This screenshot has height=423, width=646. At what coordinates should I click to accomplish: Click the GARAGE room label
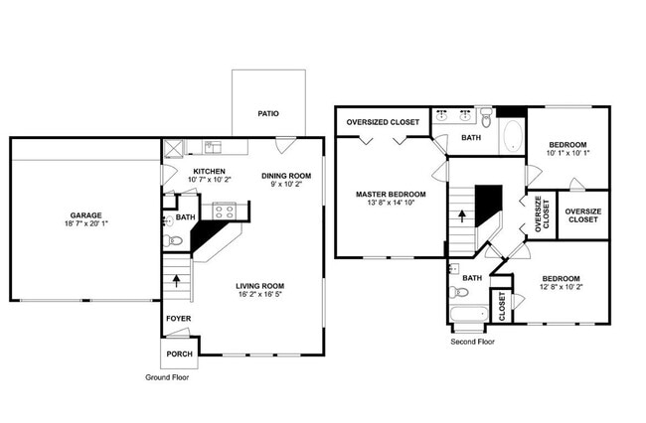tap(84, 215)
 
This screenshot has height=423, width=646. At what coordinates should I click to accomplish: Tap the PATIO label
tap(267, 114)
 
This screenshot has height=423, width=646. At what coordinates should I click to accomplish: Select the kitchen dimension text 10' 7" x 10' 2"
tap(211, 180)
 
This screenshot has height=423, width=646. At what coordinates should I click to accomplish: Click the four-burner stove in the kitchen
tap(224, 211)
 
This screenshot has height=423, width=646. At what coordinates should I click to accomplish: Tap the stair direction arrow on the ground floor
tap(177, 280)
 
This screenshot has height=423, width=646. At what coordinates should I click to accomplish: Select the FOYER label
tap(178, 318)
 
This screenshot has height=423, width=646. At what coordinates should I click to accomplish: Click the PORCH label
tap(179, 353)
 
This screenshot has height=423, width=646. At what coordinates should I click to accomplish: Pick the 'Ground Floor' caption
tap(167, 378)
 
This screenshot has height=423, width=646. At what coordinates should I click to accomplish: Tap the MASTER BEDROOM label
tap(391, 194)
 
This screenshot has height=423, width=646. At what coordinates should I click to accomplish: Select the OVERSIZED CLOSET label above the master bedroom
tap(383, 122)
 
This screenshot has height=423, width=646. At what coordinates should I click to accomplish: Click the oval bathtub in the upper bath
tap(512, 136)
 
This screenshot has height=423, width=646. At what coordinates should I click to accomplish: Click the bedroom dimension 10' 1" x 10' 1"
tap(567, 153)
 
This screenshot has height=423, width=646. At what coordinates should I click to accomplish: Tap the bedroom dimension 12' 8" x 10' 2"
tap(562, 288)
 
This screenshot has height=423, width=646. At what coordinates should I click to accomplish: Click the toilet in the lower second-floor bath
tap(460, 294)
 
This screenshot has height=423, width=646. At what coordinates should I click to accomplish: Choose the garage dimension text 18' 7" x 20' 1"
tap(84, 224)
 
